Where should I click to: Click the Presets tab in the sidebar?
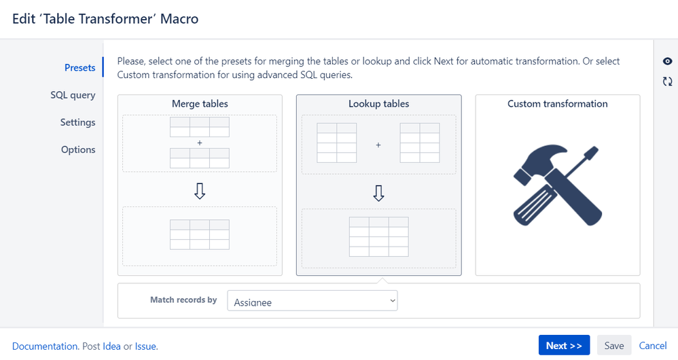click(x=79, y=67)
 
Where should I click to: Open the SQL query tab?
click(x=73, y=95)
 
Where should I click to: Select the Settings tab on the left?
click(x=78, y=122)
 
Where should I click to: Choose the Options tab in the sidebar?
click(x=78, y=149)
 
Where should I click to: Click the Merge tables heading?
click(x=200, y=104)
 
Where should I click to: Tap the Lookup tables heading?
click(x=379, y=104)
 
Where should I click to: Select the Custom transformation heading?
click(x=557, y=104)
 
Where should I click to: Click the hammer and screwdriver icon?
click(x=557, y=185)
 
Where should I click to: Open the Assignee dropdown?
click(x=313, y=301)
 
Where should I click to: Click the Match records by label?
click(x=183, y=300)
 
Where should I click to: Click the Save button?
click(x=614, y=346)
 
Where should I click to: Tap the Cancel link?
click(x=653, y=346)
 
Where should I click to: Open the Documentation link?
click(x=45, y=346)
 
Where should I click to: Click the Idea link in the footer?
click(x=111, y=346)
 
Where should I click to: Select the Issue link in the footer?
click(x=145, y=346)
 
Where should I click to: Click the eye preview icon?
click(x=668, y=61)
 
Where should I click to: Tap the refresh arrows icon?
click(x=668, y=82)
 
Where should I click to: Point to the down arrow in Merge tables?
click(x=200, y=191)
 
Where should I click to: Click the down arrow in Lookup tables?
click(x=379, y=194)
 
